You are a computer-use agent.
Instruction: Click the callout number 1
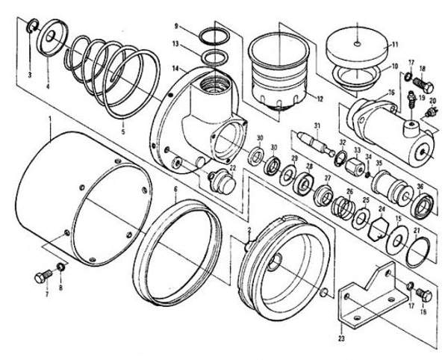click(x=49, y=120)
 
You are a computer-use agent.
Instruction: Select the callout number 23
click(x=342, y=326)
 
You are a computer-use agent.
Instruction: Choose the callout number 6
click(x=175, y=190)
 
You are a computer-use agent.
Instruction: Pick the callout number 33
click(x=357, y=150)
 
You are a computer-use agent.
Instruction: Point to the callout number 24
click(x=381, y=209)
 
